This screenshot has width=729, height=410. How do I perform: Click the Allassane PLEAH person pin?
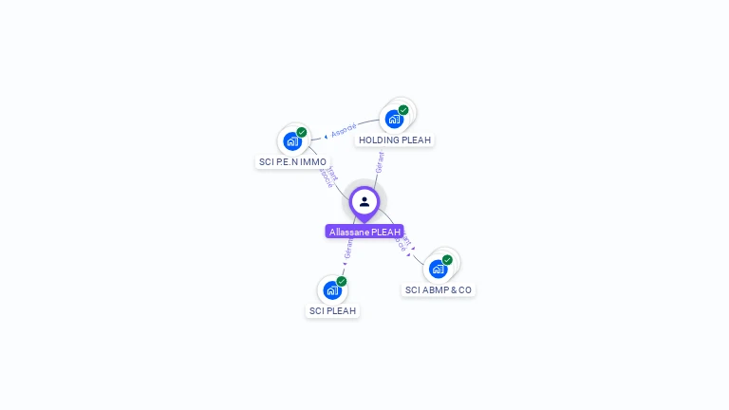364,202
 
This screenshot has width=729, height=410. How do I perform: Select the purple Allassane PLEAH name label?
364,232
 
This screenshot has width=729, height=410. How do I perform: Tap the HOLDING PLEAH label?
395,140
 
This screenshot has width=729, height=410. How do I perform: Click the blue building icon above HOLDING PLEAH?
394,120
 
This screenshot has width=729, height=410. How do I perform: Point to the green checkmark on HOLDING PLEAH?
403,110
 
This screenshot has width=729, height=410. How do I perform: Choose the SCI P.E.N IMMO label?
292,162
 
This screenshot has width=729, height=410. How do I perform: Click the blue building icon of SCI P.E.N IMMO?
292,141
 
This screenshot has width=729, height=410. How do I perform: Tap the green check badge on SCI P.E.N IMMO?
302,132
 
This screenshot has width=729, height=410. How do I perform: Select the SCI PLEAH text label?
332,310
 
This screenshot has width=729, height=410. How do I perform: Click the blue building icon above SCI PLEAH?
332,290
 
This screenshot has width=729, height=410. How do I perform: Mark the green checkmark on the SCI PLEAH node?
342,281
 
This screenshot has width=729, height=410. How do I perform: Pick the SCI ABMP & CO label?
439,289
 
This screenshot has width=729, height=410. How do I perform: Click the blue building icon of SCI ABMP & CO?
438,269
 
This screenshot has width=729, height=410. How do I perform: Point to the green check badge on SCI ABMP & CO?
447,259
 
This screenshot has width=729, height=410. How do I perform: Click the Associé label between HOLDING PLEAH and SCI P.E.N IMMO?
345,129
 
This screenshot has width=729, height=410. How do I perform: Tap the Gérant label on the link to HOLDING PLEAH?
380,162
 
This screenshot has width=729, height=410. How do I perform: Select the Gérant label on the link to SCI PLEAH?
348,250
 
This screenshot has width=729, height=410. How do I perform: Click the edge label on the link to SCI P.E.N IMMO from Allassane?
328,177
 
